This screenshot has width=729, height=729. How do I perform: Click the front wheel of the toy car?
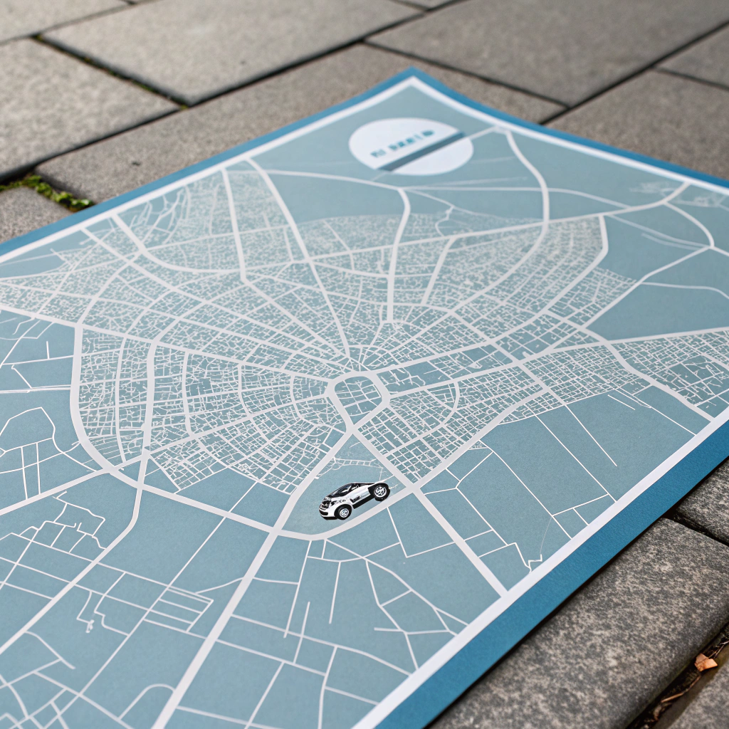click(x=344, y=513)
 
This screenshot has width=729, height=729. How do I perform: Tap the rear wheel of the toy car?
click(x=381, y=491)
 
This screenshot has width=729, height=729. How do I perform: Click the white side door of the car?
click(x=358, y=499)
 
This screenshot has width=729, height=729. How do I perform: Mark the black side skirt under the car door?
click(x=363, y=506)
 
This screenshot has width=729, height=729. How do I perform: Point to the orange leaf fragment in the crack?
click(x=705, y=663)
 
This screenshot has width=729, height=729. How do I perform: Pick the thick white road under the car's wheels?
click(x=313, y=528)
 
